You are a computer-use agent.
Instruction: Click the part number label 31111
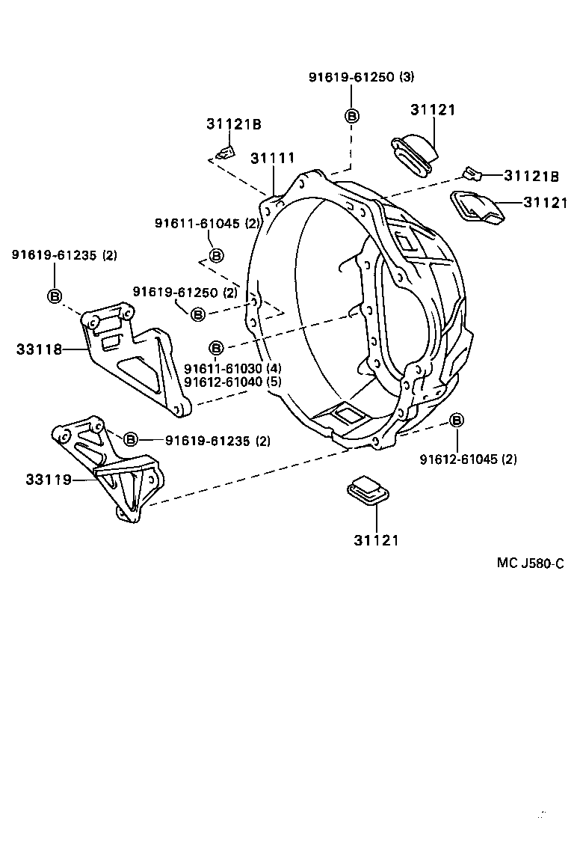tap(272, 159)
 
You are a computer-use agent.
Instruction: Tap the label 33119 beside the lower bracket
tap(49, 479)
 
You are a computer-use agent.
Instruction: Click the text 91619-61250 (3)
tap(361, 77)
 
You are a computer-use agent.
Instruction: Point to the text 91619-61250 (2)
tap(185, 291)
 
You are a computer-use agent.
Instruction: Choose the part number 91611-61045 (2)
tap(207, 223)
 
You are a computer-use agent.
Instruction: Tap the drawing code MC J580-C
tap(530, 563)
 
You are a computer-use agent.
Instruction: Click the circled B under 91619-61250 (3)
tap(351, 115)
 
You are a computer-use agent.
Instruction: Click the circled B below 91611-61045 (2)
tap(215, 256)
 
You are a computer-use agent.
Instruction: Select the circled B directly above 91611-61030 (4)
tap(215, 348)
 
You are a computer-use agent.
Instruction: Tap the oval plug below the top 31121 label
tap(416, 153)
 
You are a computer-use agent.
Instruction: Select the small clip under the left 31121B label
tap(225, 153)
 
